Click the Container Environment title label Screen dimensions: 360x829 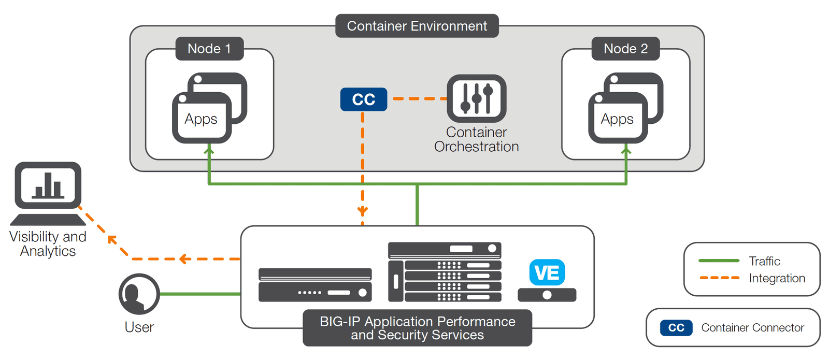coord(417,26)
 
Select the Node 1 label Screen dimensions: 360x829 coord(209,49)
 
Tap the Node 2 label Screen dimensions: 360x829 coord(625,49)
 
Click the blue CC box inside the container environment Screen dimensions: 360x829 coord(363,99)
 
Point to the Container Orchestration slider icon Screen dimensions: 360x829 coord(476,98)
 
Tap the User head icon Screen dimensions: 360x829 coord(139,294)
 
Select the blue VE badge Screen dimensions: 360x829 coord(547,272)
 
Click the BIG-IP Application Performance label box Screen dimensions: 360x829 coord(417,328)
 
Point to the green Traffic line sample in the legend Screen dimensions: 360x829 coord(719,261)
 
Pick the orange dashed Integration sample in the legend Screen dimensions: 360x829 coord(719,278)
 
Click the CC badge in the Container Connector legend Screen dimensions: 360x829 coord(676,328)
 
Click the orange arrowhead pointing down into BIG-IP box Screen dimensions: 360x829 coord(363,211)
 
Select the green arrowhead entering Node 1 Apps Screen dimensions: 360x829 coord(209,150)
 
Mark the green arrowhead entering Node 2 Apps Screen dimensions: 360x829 coord(626,150)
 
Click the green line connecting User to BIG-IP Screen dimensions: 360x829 coord(200,294)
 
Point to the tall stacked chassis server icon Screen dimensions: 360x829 coord(445,272)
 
